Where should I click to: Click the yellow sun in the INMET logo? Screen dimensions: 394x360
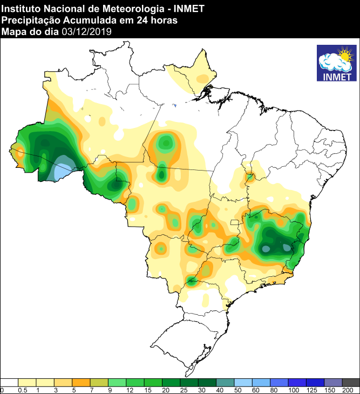[x=344, y=55]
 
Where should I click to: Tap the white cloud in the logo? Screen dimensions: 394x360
[x=331, y=63]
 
